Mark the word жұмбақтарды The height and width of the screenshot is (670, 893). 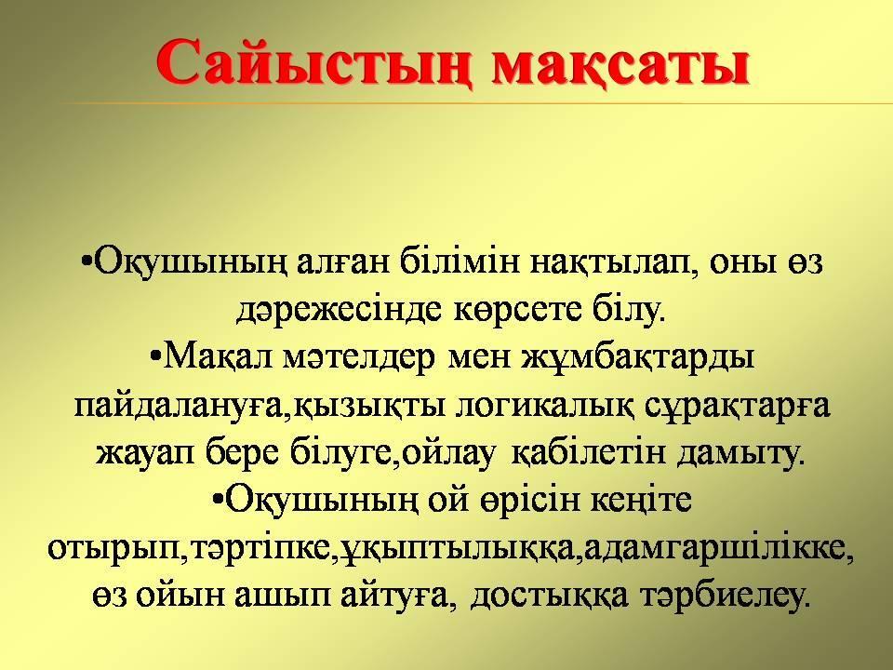[x=637, y=358]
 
